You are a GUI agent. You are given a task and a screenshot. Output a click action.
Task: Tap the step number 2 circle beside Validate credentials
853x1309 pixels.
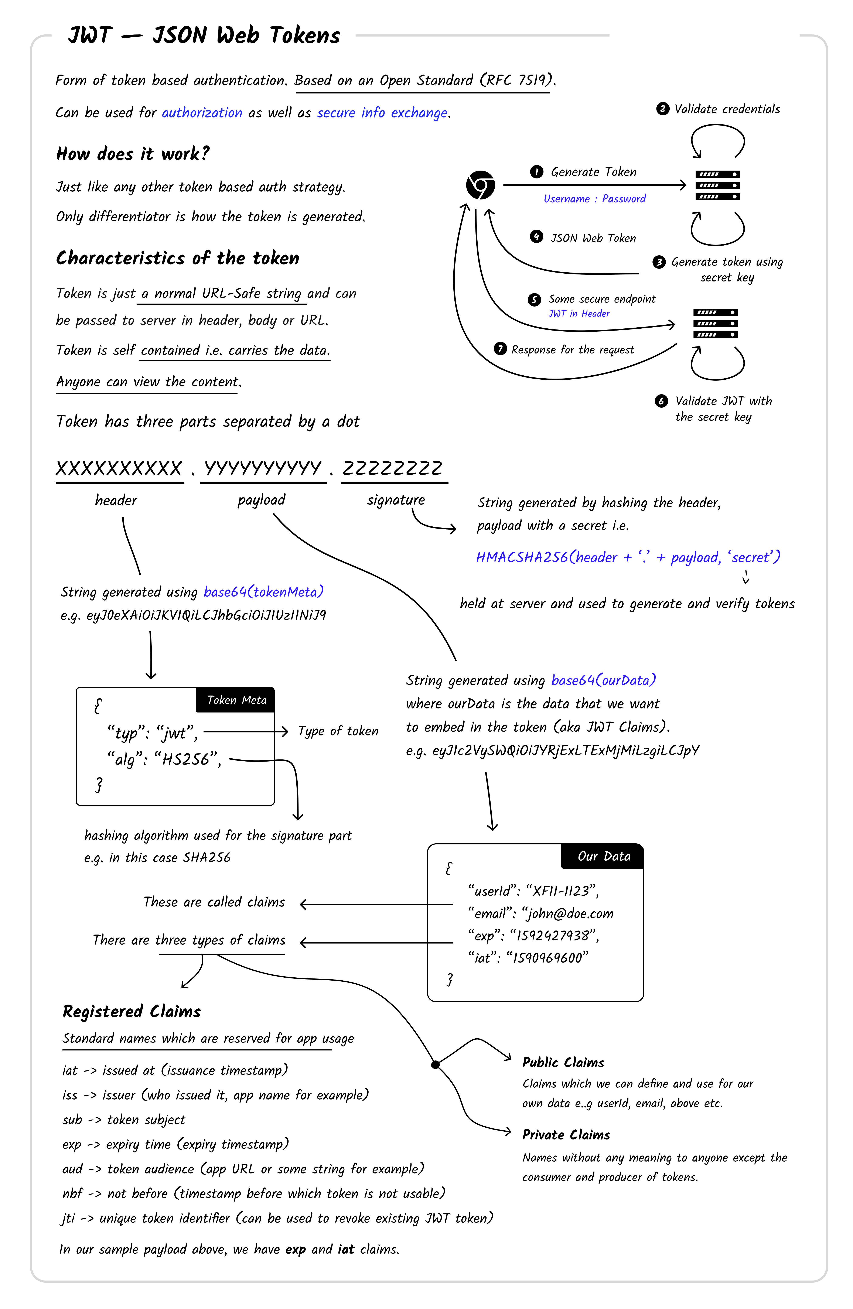pyautogui.click(x=662, y=109)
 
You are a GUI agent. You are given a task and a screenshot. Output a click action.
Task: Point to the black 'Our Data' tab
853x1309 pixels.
pyautogui.click(x=603, y=856)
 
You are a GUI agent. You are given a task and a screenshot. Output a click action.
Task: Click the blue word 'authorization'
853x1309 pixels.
pyautogui.click(x=202, y=113)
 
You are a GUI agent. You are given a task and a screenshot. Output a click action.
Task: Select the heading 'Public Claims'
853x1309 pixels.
pyautogui.click(x=563, y=1062)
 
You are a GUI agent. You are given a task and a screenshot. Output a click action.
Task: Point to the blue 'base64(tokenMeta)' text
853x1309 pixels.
pyautogui.click(x=263, y=592)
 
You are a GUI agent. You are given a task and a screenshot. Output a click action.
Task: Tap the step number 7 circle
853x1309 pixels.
pyautogui.click(x=500, y=349)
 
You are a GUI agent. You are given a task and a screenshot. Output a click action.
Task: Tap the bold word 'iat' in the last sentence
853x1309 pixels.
pyautogui.click(x=346, y=1249)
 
